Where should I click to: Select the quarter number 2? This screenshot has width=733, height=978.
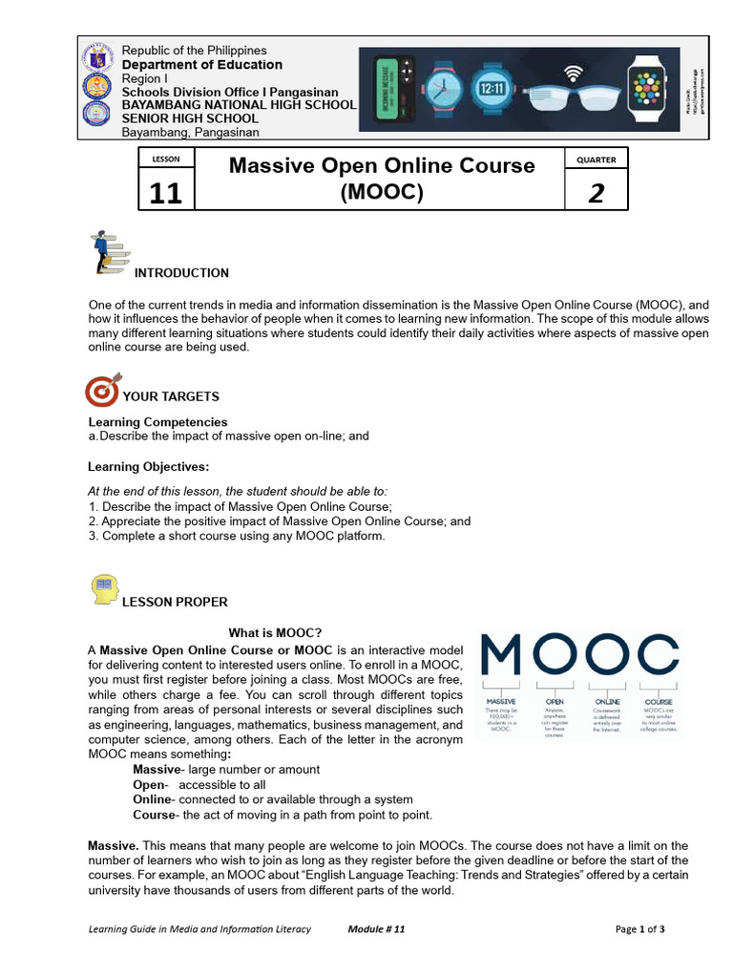click(597, 193)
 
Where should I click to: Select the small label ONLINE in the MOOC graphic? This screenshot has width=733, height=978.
click(607, 702)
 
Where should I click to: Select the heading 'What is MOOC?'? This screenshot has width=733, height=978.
click(275, 633)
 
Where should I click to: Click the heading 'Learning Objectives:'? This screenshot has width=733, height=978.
click(148, 466)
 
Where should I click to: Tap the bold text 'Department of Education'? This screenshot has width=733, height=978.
click(201, 65)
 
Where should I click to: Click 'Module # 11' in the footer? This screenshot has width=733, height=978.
click(377, 929)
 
